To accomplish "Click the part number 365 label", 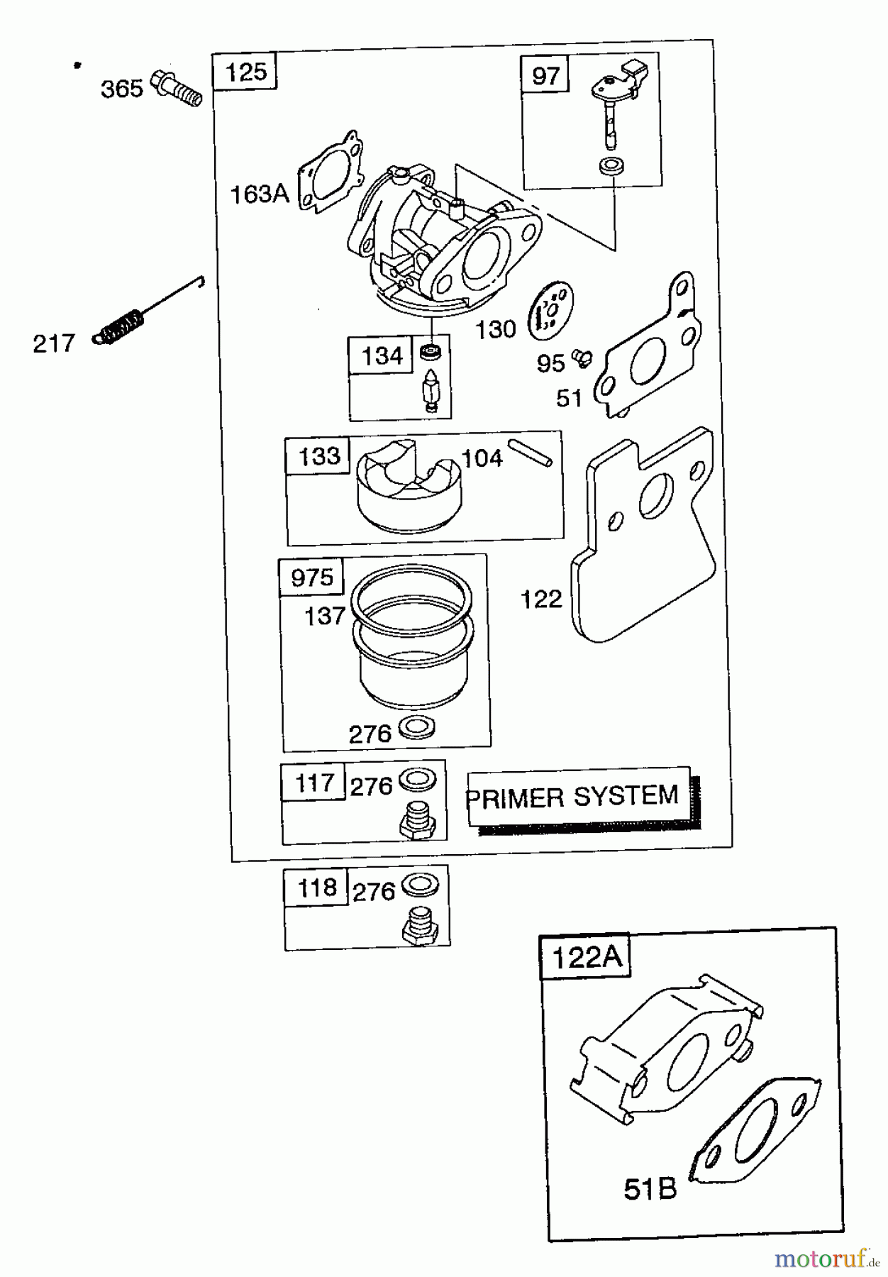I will (121, 89).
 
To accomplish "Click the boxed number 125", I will (245, 72).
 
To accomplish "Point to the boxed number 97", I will (545, 75).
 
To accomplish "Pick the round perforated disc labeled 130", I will (551, 311).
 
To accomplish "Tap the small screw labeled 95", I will (582, 357).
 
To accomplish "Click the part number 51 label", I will (569, 398).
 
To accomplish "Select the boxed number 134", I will (382, 355).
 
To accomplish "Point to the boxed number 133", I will (318, 455).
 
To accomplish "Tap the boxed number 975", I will (312, 577).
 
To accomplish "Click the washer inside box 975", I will (417, 727).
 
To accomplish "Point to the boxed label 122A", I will (586, 958).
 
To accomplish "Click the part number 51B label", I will (650, 1189).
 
